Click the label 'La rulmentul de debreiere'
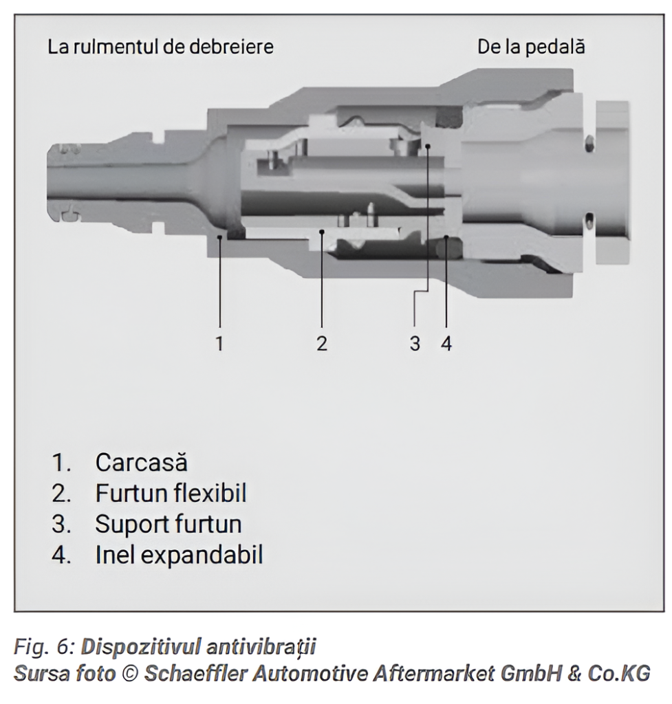point(160,48)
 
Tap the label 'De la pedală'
point(532,48)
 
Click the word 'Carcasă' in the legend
point(141,462)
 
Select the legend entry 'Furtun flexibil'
point(171,494)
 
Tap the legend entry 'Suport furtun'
point(169,525)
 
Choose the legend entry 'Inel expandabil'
point(179,555)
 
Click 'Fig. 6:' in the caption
point(44,647)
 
